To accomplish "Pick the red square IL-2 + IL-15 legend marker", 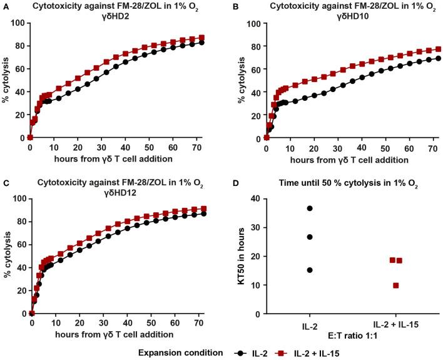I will pyautogui.click(x=320, y=352).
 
